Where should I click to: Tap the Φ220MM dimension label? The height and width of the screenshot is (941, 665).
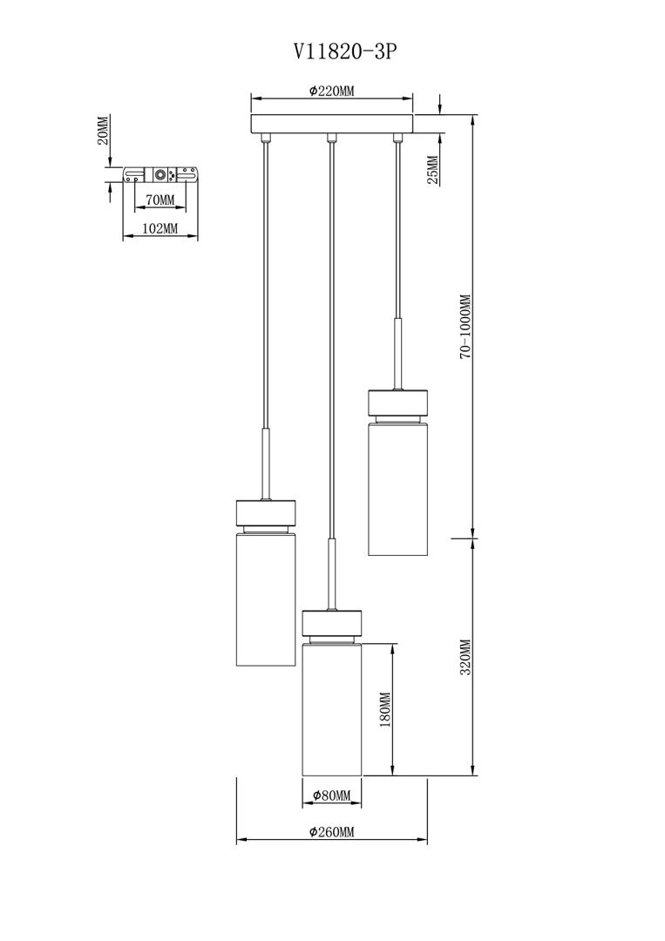tap(331, 91)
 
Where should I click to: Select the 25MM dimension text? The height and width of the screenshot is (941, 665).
tap(433, 169)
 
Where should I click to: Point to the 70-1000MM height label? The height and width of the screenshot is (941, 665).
tap(466, 327)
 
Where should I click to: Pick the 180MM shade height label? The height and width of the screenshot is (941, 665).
tap(384, 709)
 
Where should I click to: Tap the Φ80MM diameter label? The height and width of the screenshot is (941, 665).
tap(331, 795)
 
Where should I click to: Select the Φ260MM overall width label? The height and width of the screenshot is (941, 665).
tap(331, 832)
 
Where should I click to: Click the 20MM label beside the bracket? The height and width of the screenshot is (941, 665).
tap(103, 131)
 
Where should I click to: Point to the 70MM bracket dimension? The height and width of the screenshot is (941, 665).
tap(159, 200)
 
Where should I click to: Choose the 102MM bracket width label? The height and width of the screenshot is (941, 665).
tap(160, 228)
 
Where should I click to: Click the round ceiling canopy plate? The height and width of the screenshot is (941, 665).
tap(332, 125)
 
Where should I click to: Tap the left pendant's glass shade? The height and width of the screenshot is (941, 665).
tap(265, 599)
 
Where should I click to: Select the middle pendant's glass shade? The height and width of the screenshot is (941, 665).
tap(331, 709)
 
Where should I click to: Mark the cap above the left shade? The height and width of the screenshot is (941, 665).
tap(265, 512)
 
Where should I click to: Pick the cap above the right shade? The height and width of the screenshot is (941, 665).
tap(397, 402)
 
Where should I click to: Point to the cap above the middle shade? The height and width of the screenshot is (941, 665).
tap(331, 623)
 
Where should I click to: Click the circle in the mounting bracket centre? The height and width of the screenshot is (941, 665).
tap(160, 174)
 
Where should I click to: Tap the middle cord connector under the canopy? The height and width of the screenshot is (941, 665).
tap(329, 138)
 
